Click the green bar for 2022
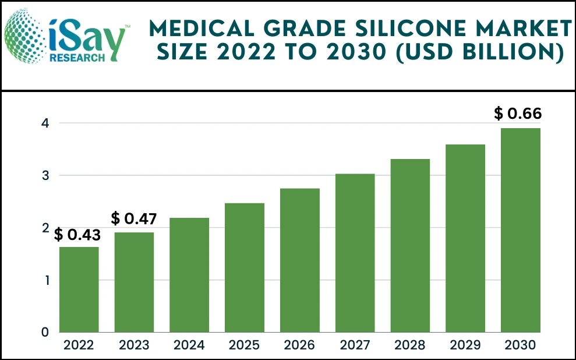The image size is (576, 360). coord(79,290)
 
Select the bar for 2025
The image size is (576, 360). coord(245,268)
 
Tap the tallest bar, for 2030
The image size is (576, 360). coord(521,230)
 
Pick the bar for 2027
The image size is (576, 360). coord(355,253)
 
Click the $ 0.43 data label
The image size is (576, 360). coord(77,235)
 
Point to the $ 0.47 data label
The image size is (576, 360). coord(134,219)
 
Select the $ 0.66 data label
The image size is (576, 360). coord(518,114)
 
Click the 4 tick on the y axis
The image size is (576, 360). coord(45,123)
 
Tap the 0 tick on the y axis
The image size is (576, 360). coord(45,332)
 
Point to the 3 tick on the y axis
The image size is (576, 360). coord(45,175)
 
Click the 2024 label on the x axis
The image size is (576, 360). coord(189,345)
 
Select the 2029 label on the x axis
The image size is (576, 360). coord(465,345)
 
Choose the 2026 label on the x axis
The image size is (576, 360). coord(300,345)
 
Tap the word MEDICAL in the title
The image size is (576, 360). coord(197,28)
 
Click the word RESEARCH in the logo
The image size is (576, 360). coord(77,57)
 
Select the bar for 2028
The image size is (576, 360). coord(410,245)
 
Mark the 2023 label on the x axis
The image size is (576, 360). coord(134,345)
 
